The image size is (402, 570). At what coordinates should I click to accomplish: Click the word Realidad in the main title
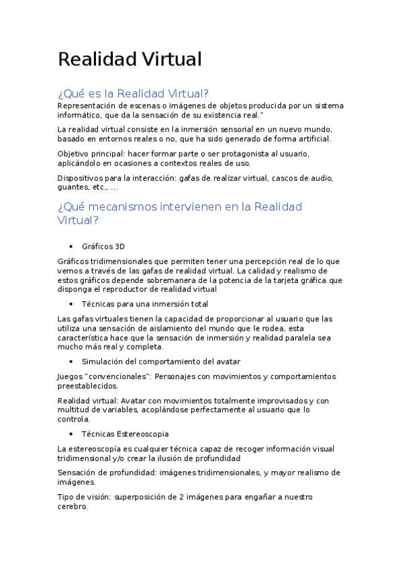[95, 59]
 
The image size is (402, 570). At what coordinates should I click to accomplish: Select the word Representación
[87, 106]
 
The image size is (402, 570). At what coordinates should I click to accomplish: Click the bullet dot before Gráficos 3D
[71, 247]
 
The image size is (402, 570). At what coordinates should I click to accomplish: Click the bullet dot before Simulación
[71, 362]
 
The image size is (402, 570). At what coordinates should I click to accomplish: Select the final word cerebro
[72, 507]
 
